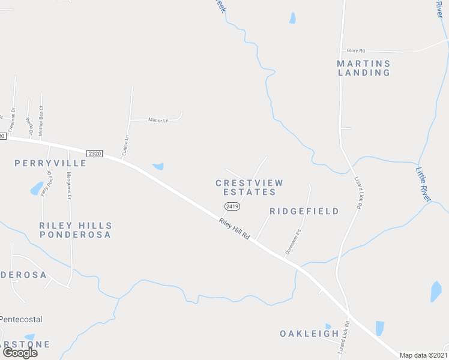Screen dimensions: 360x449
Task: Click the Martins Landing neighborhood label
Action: (364, 68)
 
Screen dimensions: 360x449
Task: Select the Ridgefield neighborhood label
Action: (304, 211)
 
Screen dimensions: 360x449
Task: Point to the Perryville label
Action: (50, 163)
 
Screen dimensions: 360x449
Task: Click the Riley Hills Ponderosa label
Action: (76, 230)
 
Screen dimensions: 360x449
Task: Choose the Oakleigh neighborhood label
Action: (310, 333)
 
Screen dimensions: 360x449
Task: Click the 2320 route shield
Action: (94, 154)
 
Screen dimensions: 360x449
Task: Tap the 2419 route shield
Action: (232, 206)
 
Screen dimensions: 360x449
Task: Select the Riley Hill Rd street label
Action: (234, 229)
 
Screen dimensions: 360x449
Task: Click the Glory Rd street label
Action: (356, 51)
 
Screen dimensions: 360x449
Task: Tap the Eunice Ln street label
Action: (125, 146)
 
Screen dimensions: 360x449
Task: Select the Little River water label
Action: (424, 184)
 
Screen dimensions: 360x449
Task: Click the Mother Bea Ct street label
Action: (41, 121)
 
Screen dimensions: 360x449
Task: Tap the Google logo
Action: (19, 352)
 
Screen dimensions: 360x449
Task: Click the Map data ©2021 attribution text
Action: (424, 355)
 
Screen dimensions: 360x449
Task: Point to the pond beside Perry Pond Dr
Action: (37, 188)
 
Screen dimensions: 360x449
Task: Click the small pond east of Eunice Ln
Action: (158, 166)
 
